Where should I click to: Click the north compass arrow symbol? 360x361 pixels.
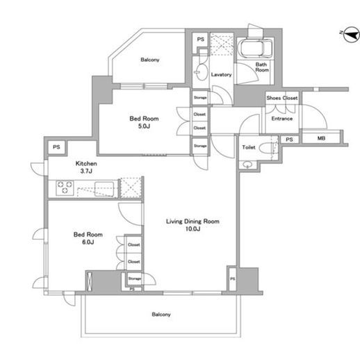[351, 35]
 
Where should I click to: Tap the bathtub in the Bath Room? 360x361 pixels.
[256, 49]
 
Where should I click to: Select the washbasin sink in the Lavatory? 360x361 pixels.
[202, 72]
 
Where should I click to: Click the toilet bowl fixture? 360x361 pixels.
[267, 148]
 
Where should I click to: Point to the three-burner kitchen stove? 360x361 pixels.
[65, 187]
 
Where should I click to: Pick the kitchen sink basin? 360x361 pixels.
[104, 189]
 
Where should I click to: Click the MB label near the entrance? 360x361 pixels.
[321, 138]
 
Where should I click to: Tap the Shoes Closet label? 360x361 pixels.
[282, 98]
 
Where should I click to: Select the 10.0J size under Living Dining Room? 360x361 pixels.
[193, 229]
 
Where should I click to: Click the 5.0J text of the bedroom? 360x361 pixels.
[144, 126]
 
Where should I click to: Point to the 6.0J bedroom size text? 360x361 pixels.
[88, 242]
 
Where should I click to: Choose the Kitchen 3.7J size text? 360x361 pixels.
[86, 171]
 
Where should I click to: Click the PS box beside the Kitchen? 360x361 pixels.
[56, 146]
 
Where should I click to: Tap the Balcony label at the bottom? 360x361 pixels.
[161, 314]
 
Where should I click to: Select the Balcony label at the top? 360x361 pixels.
[150, 60]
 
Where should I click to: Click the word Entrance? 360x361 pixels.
[281, 119]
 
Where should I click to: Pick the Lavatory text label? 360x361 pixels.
[221, 74]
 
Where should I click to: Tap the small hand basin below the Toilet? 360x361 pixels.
[247, 165]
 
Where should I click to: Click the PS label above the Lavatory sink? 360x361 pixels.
[201, 40]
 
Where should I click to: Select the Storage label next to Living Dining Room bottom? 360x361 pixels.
[135, 278]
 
